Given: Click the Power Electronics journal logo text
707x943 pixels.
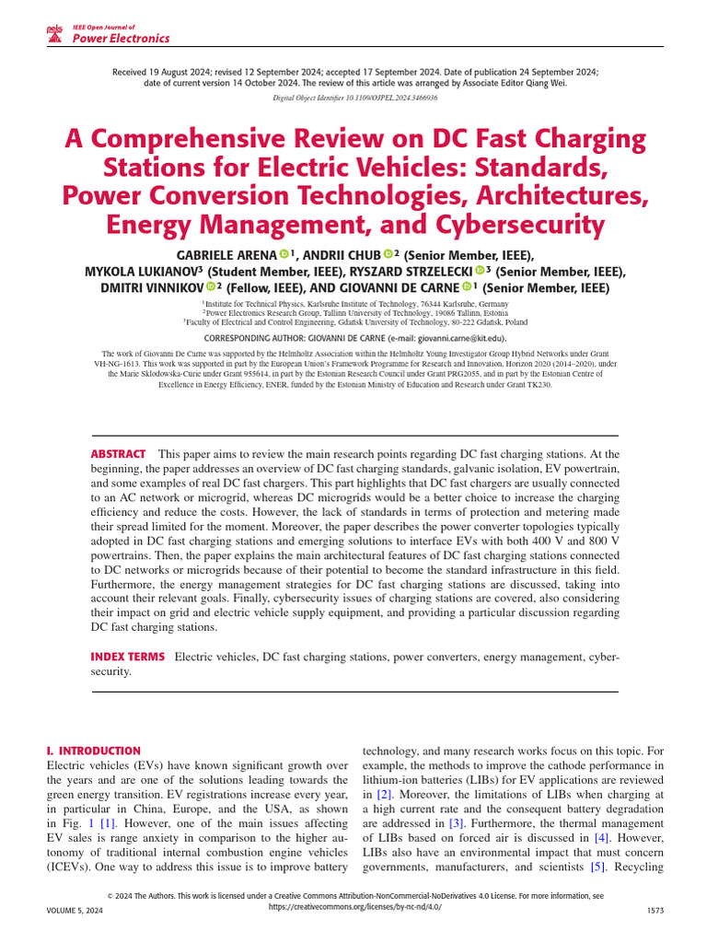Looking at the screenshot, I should (121, 39).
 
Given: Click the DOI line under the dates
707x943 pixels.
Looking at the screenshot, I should (354, 96).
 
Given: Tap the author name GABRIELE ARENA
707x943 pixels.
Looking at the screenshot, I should (226, 254).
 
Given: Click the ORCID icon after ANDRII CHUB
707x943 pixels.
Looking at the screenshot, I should (388, 254).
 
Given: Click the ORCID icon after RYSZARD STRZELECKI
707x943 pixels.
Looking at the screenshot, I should (480, 271).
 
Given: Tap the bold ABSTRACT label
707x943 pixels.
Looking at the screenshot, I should (118, 454).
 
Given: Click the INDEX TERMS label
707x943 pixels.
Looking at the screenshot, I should (128, 657).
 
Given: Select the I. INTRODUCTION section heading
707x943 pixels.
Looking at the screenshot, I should (93, 751).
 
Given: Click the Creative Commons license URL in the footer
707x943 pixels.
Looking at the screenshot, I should (354, 906).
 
